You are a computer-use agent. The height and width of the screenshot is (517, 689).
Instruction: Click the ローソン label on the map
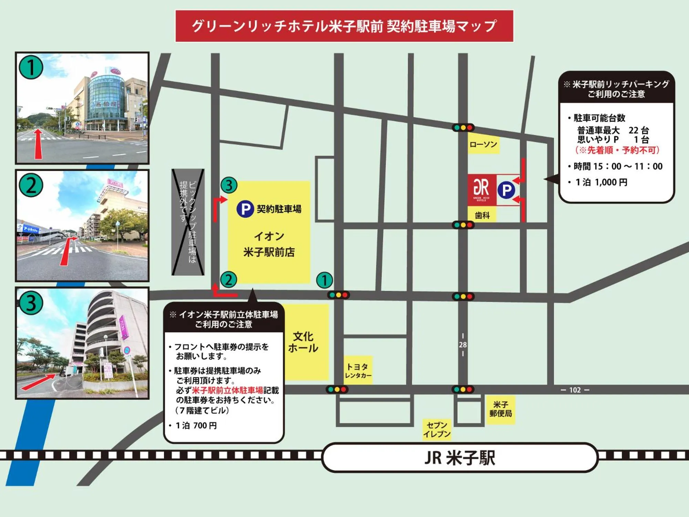click(x=483, y=144)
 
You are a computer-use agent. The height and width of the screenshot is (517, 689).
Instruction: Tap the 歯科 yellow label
click(x=482, y=215)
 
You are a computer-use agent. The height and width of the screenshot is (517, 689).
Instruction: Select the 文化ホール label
click(x=303, y=342)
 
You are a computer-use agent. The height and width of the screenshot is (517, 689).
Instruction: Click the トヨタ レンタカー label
click(x=358, y=371)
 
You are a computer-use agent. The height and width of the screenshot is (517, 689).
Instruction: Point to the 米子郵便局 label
click(x=501, y=409)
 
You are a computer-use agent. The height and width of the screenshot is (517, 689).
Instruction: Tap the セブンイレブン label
click(x=437, y=429)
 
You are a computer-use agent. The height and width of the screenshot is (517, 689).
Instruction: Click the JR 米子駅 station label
click(x=460, y=458)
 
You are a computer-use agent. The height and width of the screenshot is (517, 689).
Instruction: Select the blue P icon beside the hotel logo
click(x=506, y=190)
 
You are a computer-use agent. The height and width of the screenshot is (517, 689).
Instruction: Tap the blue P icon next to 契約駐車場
click(x=245, y=209)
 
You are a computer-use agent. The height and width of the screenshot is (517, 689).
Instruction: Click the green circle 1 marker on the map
click(x=324, y=280)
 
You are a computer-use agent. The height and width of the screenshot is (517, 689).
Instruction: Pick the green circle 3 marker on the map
click(x=229, y=185)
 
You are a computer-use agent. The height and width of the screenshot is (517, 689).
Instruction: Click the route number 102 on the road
click(x=575, y=390)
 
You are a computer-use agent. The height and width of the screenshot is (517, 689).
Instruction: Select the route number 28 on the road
click(x=463, y=345)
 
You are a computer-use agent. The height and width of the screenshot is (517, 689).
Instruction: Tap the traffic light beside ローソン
click(x=463, y=128)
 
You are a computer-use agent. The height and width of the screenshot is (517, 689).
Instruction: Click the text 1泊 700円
click(x=196, y=426)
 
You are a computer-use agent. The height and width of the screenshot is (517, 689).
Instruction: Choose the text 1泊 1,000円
click(x=601, y=182)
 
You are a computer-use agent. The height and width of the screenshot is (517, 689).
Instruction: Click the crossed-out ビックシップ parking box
click(x=188, y=222)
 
